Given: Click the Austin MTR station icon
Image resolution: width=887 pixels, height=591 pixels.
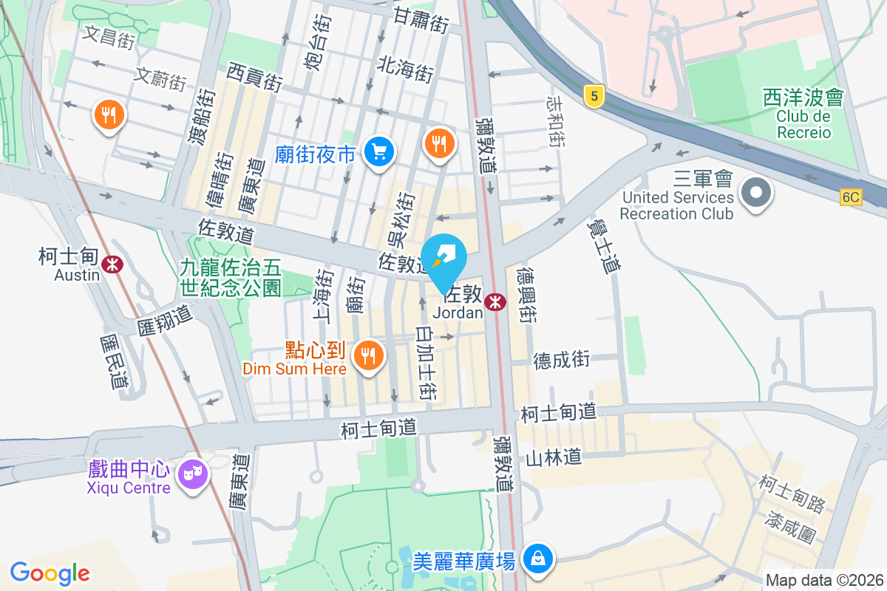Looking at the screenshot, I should click(x=112, y=264).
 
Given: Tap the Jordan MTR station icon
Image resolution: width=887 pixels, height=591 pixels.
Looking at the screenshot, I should click(x=495, y=301).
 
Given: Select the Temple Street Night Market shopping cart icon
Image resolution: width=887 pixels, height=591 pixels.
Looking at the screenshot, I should click(x=380, y=153).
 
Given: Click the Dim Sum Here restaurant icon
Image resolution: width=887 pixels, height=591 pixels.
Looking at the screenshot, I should click(x=367, y=356).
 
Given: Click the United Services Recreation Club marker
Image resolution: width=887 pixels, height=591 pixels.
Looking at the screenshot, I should click(x=755, y=195).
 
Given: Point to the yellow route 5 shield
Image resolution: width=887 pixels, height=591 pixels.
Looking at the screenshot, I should click(x=592, y=95).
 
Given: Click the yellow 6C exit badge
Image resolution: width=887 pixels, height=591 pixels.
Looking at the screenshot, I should click(x=851, y=197).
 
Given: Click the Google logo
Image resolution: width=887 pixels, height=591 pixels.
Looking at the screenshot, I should click(x=50, y=573).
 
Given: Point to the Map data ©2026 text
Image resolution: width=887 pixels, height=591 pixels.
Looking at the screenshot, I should click(x=823, y=580).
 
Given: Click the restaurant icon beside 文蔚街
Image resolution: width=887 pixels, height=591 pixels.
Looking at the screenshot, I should click(x=109, y=115).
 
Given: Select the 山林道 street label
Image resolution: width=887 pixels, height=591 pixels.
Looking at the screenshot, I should click(x=553, y=458).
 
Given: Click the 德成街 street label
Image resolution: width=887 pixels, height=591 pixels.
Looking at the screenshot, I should click(x=562, y=360).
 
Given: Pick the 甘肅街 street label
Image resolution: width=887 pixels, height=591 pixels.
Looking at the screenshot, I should click(x=421, y=20).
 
